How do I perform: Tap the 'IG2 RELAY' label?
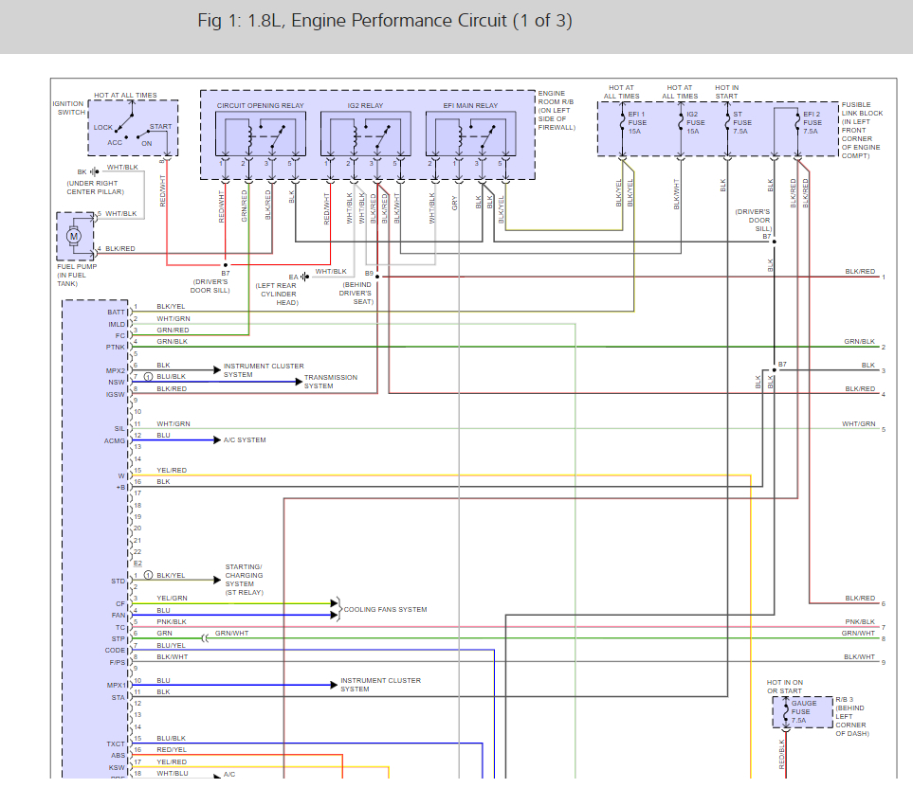tap(366, 105)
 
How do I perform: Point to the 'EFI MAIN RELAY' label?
tap(470, 105)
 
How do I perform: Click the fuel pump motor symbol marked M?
tap(73, 236)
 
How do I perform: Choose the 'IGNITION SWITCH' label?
tap(69, 107)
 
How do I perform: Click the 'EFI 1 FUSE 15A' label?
tap(636, 122)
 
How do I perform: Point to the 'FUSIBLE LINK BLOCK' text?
tap(862, 109)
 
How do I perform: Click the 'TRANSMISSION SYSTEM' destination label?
tap(331, 382)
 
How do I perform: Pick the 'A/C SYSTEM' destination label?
tap(245, 440)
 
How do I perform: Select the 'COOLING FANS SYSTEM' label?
tap(385, 609)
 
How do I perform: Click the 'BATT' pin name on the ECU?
tap(117, 312)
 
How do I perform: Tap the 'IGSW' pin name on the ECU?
tap(115, 393)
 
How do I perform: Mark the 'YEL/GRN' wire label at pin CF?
tap(172, 599)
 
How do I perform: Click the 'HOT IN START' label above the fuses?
tap(727, 92)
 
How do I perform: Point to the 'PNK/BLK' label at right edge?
tap(860, 622)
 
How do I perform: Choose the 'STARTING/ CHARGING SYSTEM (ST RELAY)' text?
tap(245, 580)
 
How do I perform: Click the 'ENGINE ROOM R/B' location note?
tap(557, 110)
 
